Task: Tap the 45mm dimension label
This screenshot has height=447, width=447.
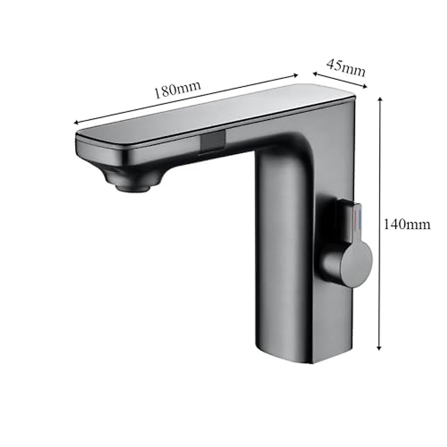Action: click(346, 68)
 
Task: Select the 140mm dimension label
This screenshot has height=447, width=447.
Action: click(407, 224)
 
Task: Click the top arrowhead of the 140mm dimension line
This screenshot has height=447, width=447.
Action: click(380, 99)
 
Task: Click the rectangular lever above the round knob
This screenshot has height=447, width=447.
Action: click(348, 220)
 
